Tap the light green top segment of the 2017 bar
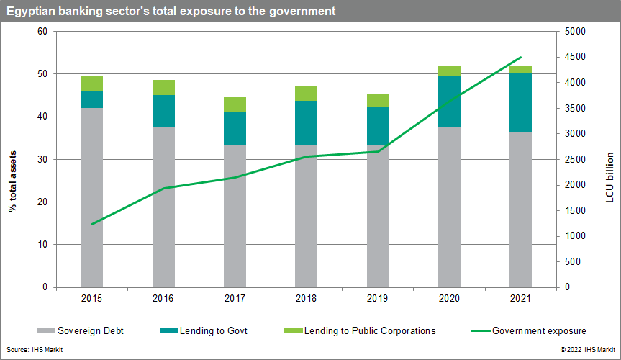click(x=235, y=104)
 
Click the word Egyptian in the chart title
click(x=30, y=12)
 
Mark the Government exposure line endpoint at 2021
click(x=520, y=58)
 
